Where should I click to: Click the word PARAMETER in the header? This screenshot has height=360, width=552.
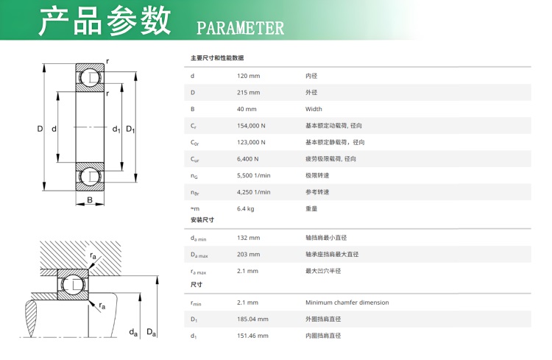click(240, 28)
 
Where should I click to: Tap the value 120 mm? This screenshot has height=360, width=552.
click(248, 76)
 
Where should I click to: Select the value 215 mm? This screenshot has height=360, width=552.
click(248, 92)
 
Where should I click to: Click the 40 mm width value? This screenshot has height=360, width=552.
click(247, 109)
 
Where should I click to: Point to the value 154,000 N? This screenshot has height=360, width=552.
click(251, 125)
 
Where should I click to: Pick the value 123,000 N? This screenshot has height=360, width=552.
click(251, 142)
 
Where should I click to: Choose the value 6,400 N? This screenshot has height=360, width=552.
click(247, 159)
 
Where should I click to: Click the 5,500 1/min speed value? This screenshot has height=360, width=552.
click(253, 175)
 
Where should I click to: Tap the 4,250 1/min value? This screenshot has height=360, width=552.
click(253, 192)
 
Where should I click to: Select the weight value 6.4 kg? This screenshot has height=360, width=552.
click(245, 208)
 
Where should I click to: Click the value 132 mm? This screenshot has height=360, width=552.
click(248, 238)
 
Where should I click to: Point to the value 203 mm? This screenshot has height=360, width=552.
click(248, 254)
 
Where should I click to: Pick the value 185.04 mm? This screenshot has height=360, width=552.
click(252, 319)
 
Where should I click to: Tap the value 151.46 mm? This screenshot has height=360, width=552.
click(252, 336)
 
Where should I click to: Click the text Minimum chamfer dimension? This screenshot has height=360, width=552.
click(347, 303)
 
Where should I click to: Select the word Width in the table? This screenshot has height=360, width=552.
click(314, 109)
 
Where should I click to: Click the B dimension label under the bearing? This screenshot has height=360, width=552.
click(90, 200)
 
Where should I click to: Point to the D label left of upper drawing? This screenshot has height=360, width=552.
click(40, 129)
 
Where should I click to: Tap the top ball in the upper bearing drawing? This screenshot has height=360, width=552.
click(88, 77)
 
